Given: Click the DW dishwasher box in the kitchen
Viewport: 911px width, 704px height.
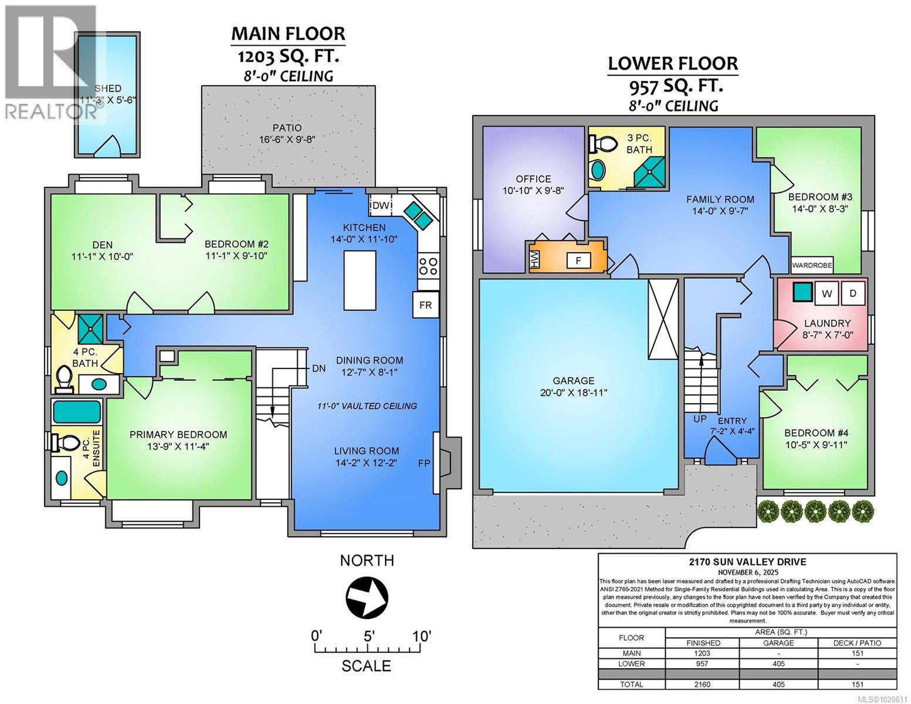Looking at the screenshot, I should tap(381, 205).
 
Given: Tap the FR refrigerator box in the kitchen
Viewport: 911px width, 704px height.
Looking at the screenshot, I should tap(425, 305).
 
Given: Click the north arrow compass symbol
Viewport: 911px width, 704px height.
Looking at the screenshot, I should tap(367, 597).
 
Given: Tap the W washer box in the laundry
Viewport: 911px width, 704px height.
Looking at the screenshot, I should tap(827, 293).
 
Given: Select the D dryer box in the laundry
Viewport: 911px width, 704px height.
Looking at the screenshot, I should tap(853, 293).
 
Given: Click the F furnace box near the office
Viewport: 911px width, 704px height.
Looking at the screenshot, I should tap(578, 260).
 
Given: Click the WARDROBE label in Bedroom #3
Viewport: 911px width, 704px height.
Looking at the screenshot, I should tap(812, 265).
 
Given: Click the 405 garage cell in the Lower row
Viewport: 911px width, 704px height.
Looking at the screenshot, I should tap(778, 664).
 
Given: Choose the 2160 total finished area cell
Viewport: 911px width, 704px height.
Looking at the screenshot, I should tap(702, 684).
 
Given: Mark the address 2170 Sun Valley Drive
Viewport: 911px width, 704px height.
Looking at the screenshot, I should tap(747, 561).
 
